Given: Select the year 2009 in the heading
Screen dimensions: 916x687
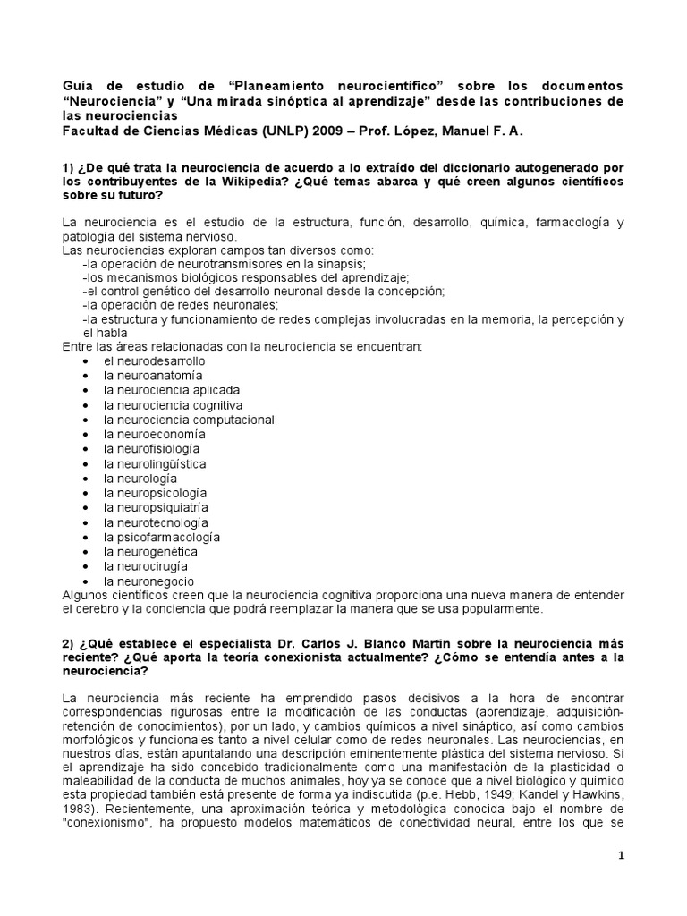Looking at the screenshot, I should (327, 131).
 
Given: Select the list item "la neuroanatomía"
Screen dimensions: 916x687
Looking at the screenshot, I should (153, 376).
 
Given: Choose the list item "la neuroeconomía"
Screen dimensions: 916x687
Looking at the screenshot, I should (154, 434).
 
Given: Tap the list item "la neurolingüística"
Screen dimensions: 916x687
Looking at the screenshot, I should (155, 463).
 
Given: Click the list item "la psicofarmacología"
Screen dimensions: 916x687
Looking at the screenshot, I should (161, 537).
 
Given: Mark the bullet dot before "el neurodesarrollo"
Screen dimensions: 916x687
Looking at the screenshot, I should (84, 360).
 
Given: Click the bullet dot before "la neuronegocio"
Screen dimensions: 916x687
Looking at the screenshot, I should (84, 581).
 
